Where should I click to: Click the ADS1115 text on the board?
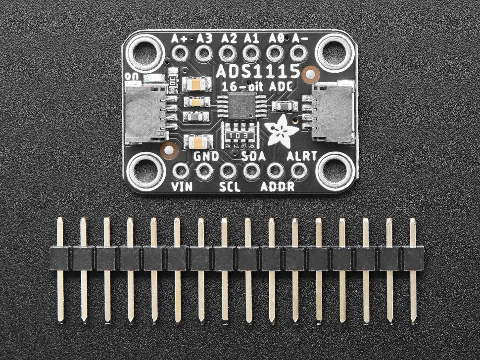click(x=257, y=71)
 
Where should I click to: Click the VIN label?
click(x=180, y=187)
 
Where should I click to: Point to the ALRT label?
click(x=298, y=157)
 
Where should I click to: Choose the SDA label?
click(x=255, y=157)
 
